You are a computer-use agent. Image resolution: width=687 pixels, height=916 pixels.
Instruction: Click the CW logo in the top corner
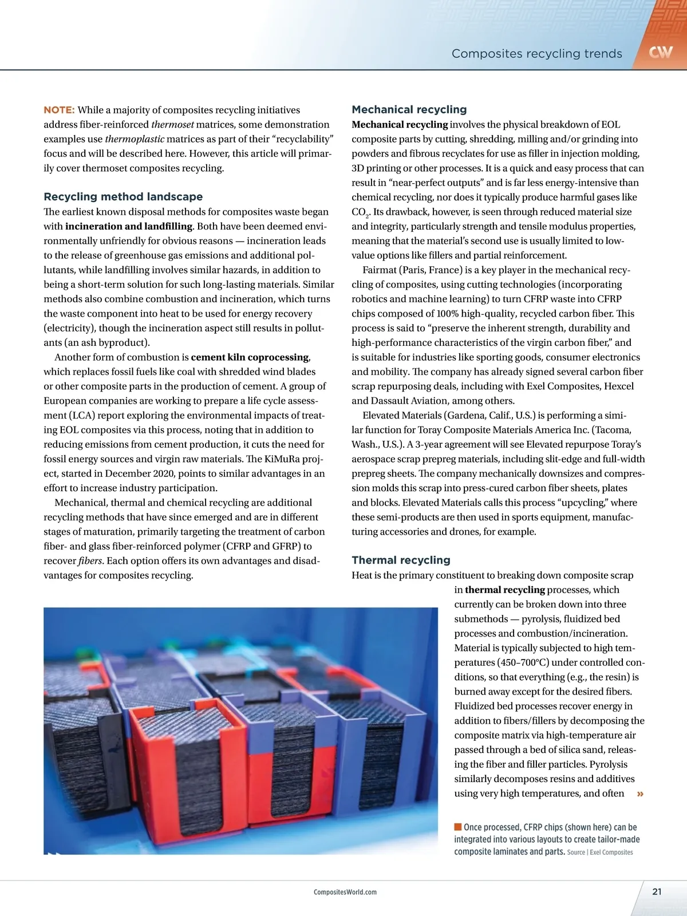[661, 53]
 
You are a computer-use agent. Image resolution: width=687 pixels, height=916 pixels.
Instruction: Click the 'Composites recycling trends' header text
[536, 54]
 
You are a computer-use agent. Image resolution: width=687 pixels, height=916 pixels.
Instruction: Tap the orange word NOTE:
[59, 110]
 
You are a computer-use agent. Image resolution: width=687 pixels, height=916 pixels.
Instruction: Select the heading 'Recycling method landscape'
[123, 196]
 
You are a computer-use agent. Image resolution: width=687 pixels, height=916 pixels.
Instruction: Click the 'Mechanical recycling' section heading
[409, 109]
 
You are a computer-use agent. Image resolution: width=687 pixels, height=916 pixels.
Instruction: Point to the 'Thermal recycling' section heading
[401, 560]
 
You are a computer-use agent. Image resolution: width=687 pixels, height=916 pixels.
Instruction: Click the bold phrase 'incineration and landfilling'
[129, 226]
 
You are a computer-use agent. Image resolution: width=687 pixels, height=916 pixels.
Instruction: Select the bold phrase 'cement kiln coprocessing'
[250, 357]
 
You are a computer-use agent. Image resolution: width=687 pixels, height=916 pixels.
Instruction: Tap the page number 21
[657, 891]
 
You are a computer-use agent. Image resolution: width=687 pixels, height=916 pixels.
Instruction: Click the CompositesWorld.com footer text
[345, 892]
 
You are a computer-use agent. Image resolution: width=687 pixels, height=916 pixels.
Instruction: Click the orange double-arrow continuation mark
[640, 793]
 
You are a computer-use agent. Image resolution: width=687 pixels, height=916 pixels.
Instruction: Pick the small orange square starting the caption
[457, 827]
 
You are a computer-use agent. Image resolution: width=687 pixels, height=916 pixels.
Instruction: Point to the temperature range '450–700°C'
[504, 662]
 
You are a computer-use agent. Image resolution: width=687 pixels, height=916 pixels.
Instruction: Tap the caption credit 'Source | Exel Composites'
[600, 852]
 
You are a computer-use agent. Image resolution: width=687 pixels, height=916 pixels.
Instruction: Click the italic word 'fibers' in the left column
[90, 560]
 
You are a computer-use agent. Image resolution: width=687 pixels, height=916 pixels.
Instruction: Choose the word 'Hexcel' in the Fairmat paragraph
[618, 386]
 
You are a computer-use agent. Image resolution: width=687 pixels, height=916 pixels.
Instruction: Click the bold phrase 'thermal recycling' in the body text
[504, 590]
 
